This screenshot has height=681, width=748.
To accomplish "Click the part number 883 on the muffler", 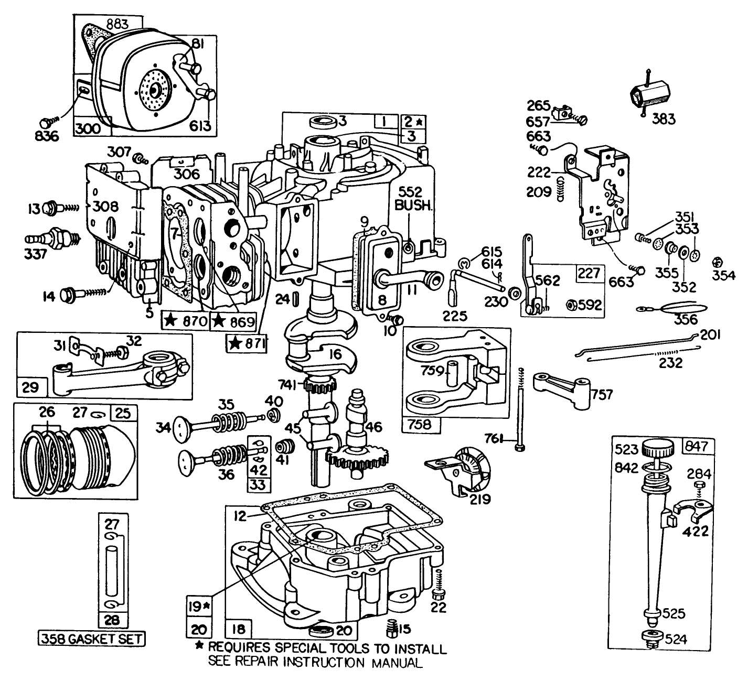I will pos(108,24).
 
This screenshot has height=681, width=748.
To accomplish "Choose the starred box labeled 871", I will pos(247,343).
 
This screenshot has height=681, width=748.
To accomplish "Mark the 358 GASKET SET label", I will pos(92,639).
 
